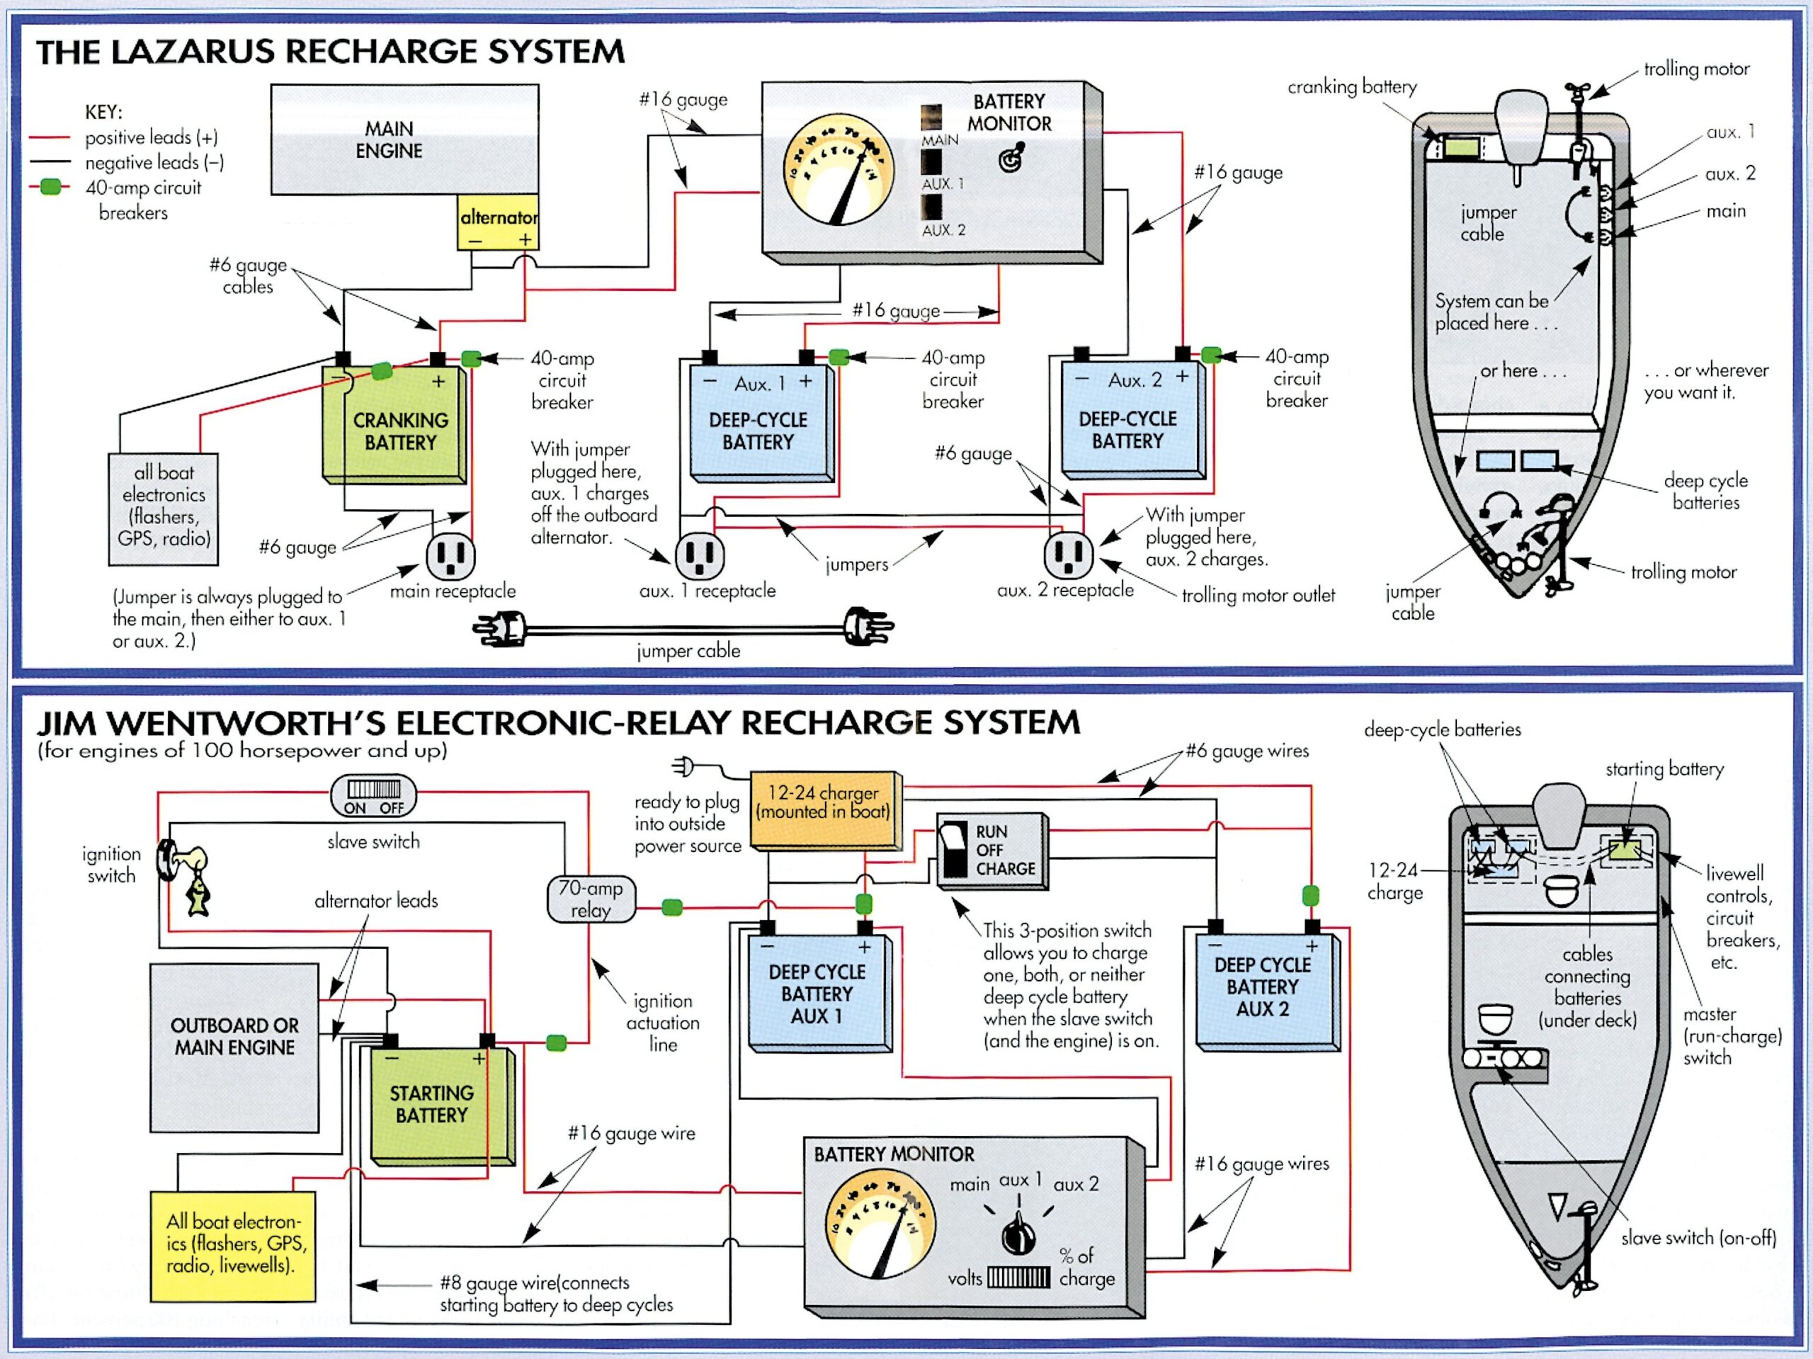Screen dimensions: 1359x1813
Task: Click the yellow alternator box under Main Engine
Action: pos(497,222)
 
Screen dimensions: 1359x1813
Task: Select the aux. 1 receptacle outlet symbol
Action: pos(699,555)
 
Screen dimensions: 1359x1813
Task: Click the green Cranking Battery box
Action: pos(396,425)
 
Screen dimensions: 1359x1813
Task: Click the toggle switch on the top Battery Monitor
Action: pos(1013,157)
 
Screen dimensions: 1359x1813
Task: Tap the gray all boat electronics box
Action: pos(163,509)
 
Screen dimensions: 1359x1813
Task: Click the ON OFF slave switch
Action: pos(374,796)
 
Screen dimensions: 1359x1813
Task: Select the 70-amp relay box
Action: pos(590,899)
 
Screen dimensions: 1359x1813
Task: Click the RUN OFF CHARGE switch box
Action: pos(991,850)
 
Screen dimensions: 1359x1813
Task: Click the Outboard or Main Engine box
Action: pos(234,1047)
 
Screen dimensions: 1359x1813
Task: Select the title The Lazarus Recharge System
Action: pos(330,52)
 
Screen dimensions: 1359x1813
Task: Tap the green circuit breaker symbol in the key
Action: pos(52,187)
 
